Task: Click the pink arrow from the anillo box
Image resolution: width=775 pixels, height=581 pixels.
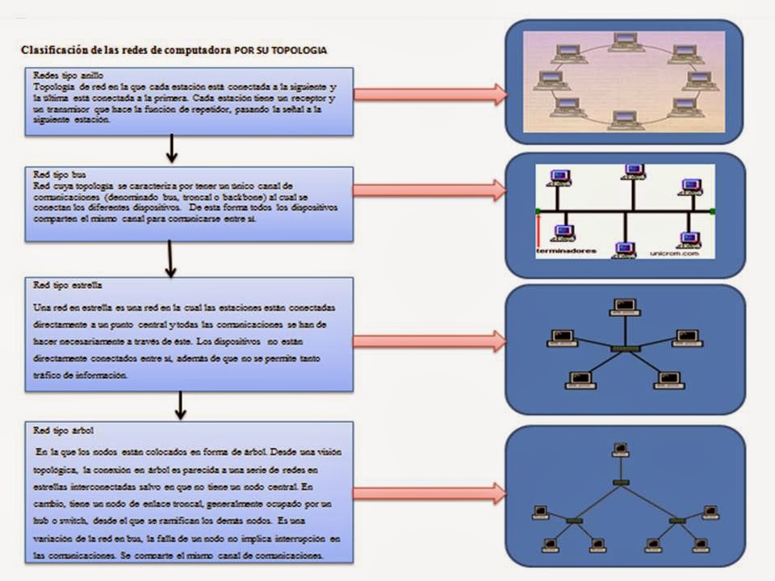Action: click(x=429, y=94)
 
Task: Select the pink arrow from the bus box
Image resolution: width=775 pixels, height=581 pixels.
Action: click(x=429, y=190)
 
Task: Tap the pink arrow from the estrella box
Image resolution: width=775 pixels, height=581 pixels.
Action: click(x=429, y=341)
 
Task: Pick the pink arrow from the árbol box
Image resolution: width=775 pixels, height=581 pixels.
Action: click(x=429, y=493)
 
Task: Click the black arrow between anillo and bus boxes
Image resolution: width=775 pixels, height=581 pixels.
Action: click(x=172, y=148)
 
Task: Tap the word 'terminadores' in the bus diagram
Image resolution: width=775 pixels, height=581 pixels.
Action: click(x=566, y=251)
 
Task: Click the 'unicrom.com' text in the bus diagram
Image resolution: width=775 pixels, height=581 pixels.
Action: click(x=671, y=252)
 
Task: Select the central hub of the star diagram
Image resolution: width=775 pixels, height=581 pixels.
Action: click(x=624, y=348)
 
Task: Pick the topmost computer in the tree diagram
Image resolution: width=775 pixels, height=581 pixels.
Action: click(x=620, y=449)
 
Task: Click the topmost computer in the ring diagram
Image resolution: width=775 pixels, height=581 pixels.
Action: click(x=623, y=40)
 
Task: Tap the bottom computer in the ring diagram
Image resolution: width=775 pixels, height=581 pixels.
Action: click(x=623, y=120)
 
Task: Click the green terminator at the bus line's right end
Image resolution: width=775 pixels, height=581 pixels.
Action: click(x=712, y=211)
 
